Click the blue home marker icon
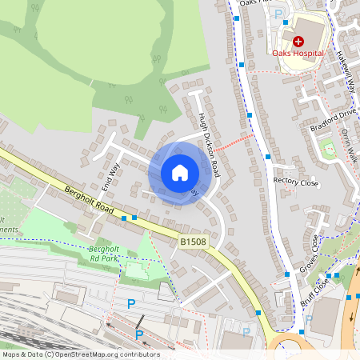[180, 173]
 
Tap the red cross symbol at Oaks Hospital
[298, 41]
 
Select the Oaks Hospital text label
[298, 54]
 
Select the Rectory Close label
[295, 182]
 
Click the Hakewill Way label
[346, 72]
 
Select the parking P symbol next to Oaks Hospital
[278, 14]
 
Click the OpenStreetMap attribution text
[80, 354]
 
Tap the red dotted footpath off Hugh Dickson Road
[234, 142]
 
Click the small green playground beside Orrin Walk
[326, 148]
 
